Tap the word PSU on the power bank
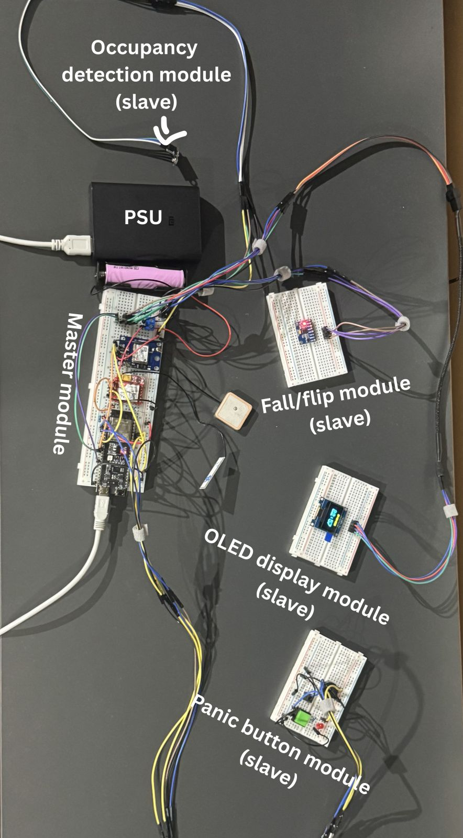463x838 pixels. [143, 216]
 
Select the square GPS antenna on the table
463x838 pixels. [234, 405]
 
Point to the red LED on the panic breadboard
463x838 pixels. [319, 729]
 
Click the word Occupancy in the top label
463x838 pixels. [144, 48]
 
